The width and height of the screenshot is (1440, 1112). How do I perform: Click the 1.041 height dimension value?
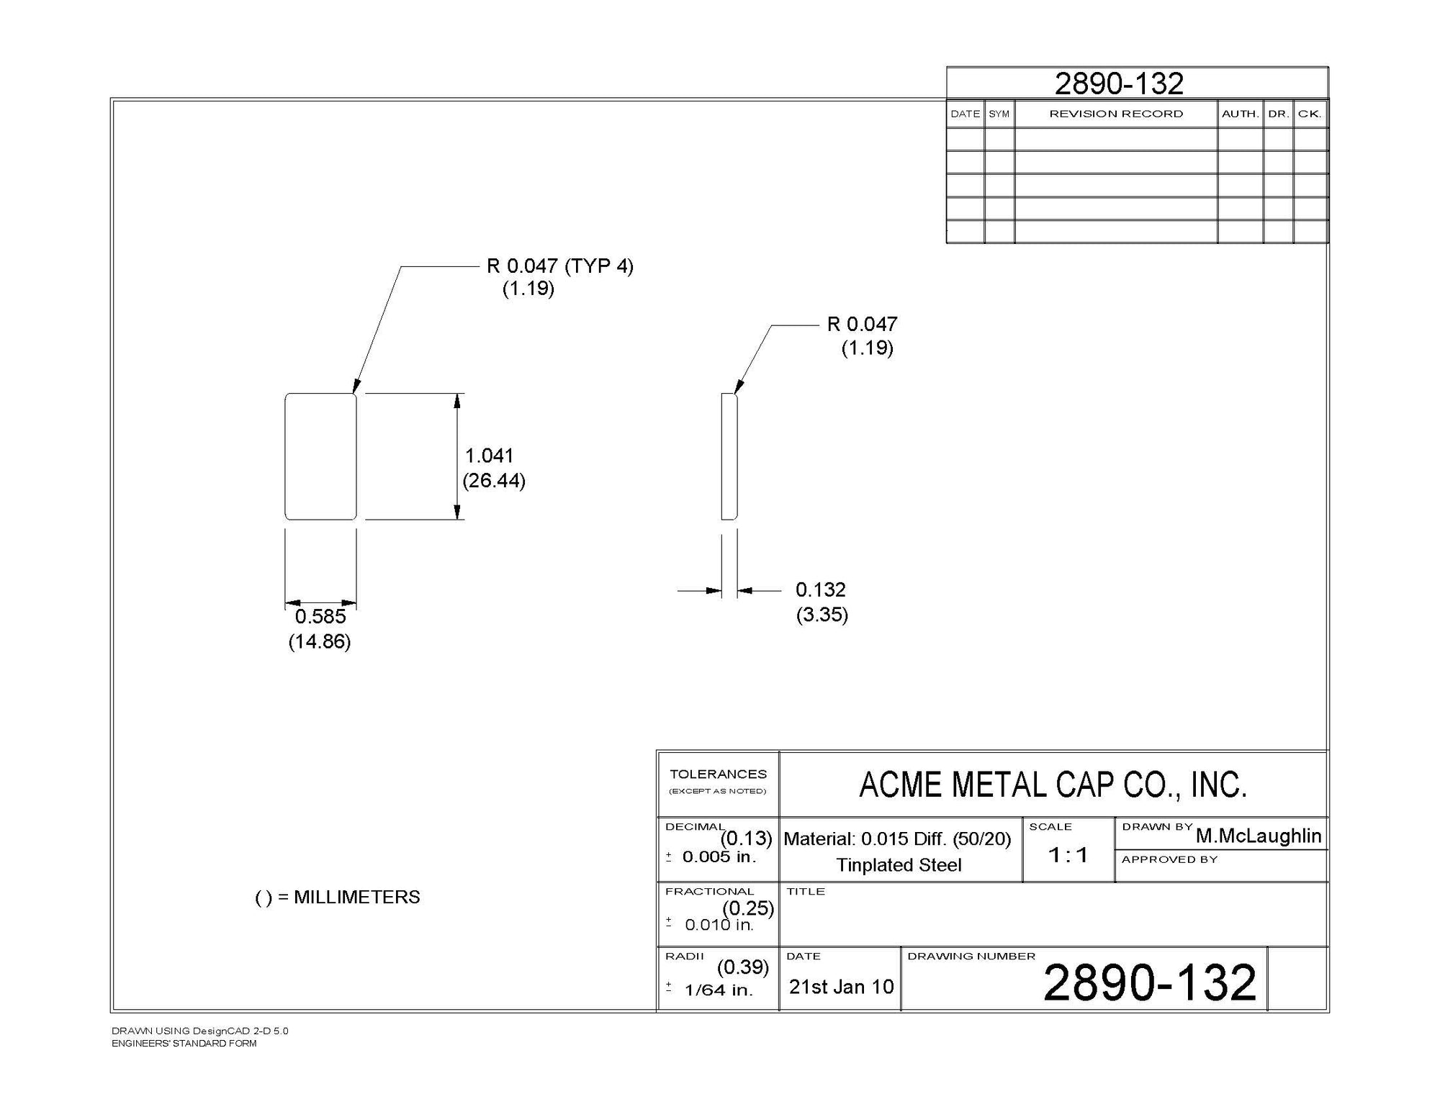coord(489,456)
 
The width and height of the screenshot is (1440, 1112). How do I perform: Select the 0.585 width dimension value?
coord(320,617)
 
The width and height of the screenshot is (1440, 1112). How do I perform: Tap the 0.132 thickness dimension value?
coord(820,590)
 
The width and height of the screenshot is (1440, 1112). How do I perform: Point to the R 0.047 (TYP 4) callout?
coord(559,266)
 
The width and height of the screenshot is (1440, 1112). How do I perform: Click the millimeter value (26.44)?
coord(494,481)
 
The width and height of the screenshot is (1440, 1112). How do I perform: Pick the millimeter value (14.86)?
coord(320,641)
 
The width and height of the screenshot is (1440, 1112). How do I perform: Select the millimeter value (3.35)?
coord(822,615)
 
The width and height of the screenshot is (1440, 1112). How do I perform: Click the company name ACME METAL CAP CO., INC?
coord(1053,785)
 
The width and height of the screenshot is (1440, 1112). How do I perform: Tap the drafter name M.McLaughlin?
coord(1259,836)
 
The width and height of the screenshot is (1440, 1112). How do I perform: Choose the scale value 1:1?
coord(1068,855)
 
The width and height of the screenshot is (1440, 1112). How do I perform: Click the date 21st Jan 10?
coord(841,987)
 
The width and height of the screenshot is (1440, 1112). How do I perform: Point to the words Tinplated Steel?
coord(899,865)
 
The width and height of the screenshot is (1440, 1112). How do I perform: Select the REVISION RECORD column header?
coord(1116,114)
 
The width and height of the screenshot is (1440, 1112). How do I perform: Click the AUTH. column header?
coord(1240,114)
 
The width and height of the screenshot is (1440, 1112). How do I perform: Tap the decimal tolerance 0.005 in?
coord(719,856)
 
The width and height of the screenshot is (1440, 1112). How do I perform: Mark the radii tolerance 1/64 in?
coord(718,990)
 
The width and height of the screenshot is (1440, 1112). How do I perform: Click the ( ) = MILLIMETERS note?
coord(338,898)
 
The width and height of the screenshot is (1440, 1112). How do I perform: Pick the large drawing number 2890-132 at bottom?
coord(1149,983)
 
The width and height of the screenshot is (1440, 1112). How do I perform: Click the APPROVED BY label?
coord(1169,859)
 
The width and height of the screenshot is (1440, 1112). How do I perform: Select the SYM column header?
coord(999,114)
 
